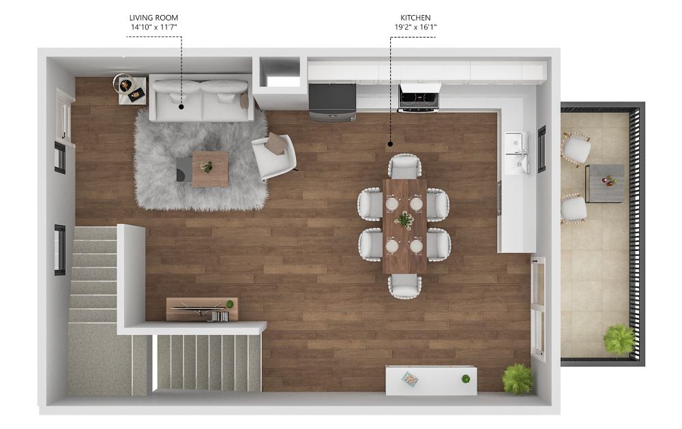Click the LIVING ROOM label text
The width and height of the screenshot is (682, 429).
153,18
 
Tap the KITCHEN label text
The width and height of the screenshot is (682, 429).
415,18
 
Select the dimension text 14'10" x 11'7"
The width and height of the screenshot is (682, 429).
154,27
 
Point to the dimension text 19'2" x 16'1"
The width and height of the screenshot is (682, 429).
415,27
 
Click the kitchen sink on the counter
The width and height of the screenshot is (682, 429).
517,153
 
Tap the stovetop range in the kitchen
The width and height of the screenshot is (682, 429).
419,98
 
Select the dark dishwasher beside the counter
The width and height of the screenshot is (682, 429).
332,102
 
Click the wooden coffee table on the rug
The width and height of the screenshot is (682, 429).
210,169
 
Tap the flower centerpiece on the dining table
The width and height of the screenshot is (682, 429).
404,220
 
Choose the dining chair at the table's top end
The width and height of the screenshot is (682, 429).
404,166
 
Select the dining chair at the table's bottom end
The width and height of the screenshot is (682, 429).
404,286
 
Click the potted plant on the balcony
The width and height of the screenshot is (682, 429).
619,340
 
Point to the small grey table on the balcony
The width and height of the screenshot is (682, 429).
605,183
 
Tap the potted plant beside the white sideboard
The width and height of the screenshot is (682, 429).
518,379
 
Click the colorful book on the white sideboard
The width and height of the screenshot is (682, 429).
410,379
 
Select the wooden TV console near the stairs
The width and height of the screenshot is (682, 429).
203,310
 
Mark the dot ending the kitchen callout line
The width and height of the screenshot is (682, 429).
390,144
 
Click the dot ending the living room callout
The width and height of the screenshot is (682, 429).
181,106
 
